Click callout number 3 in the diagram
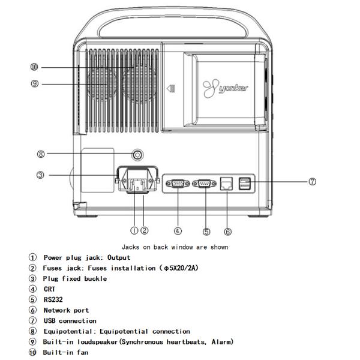point(40,176)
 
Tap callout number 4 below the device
point(178,230)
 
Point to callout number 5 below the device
point(206,230)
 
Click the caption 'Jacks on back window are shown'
point(175,247)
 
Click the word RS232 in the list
point(53,299)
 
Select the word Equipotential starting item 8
point(67,331)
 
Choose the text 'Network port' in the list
point(65,310)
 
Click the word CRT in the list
point(49,289)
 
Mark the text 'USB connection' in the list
point(69,320)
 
